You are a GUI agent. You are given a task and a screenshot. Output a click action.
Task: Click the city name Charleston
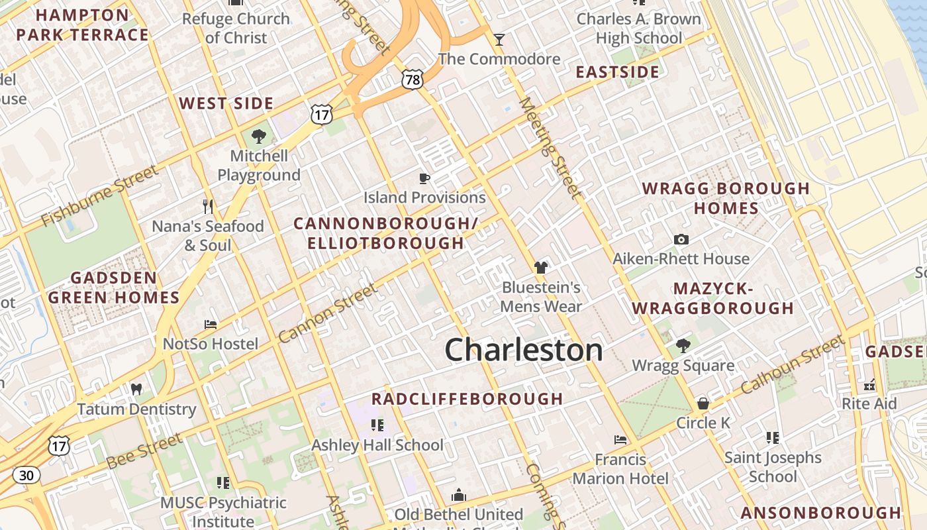(524, 350)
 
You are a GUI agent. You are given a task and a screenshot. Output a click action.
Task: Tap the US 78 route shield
(412, 79)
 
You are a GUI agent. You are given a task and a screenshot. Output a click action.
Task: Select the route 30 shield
(26, 475)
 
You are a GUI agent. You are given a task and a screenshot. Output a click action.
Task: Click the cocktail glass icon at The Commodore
(499, 40)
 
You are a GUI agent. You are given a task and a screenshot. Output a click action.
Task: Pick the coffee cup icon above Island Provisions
(424, 178)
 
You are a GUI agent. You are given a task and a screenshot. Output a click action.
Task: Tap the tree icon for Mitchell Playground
(259, 136)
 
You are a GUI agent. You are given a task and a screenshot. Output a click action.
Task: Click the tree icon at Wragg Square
(683, 346)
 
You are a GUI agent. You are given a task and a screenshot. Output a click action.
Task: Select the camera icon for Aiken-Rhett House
(681, 239)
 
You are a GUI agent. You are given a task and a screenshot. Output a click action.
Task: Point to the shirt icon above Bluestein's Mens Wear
(541, 268)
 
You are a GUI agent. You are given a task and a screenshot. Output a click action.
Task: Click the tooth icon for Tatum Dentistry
(136, 390)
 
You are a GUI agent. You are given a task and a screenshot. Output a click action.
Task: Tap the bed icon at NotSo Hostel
(211, 325)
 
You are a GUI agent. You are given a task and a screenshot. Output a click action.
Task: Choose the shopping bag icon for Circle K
(703, 403)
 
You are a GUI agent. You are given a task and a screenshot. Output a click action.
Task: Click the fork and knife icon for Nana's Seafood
(208, 206)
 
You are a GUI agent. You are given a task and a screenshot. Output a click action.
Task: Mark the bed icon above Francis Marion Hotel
(620, 440)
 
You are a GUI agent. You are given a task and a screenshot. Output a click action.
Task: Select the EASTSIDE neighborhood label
(617, 72)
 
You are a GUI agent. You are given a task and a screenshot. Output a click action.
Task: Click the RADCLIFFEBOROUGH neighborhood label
(467, 399)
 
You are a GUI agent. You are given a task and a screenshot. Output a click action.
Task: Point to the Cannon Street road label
(328, 313)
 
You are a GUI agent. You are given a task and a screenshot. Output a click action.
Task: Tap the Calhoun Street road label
(793, 365)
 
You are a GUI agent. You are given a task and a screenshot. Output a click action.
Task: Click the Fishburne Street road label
(100, 195)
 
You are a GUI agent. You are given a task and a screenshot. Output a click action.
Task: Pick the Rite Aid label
(869, 403)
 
